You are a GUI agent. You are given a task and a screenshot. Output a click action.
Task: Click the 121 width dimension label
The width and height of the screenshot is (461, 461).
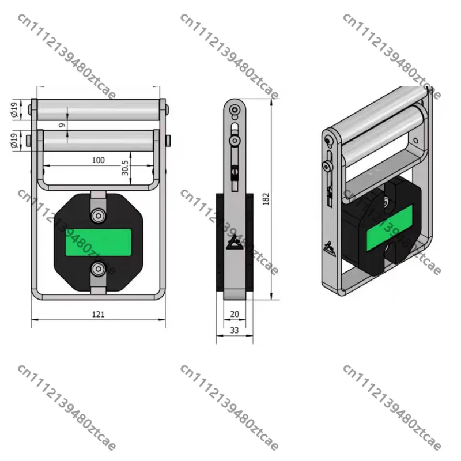point(98,314)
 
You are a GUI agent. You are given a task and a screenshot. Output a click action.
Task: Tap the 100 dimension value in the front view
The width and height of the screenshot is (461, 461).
point(98,160)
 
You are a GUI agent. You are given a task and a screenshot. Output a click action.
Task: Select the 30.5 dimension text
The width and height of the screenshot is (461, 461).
point(125,168)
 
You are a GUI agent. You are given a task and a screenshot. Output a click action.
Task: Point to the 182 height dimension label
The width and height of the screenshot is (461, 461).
point(266,199)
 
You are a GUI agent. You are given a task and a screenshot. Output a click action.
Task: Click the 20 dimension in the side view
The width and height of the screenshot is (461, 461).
point(235,314)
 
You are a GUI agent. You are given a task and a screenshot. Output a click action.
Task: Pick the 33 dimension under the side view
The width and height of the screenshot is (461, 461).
point(235,330)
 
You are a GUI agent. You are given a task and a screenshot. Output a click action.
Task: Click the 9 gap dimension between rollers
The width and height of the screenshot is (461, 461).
point(62,125)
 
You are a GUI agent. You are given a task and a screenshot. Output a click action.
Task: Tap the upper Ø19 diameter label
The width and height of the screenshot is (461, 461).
point(14,109)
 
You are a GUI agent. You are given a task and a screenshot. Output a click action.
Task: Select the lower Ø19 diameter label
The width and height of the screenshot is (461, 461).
point(14,141)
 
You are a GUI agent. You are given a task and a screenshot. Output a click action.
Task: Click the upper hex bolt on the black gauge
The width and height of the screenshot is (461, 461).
point(98,216)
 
